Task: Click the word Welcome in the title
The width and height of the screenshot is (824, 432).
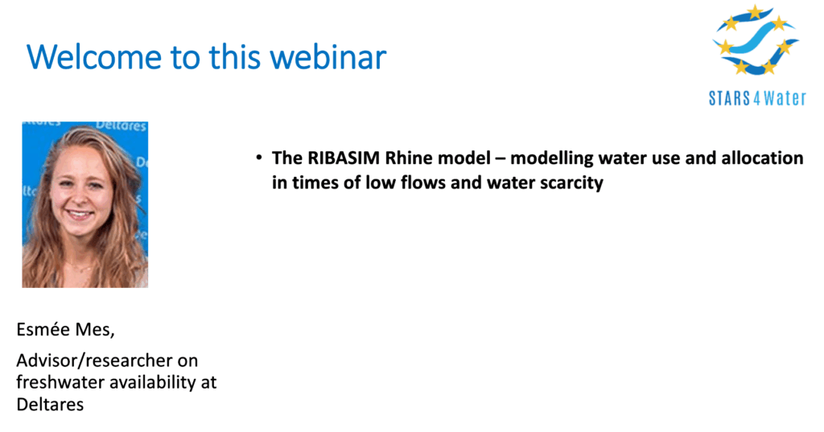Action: (x=94, y=56)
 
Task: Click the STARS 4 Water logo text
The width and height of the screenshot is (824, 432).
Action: (x=757, y=98)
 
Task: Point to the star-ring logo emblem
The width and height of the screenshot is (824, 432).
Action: (x=756, y=40)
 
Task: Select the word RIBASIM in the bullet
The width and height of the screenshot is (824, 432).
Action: (x=344, y=158)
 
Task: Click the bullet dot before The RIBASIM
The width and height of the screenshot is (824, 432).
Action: (x=258, y=157)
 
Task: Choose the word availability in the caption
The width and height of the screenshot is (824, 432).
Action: (x=146, y=383)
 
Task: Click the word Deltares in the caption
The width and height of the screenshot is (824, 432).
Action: (x=50, y=404)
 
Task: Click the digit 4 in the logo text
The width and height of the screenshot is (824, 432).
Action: (x=756, y=99)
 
